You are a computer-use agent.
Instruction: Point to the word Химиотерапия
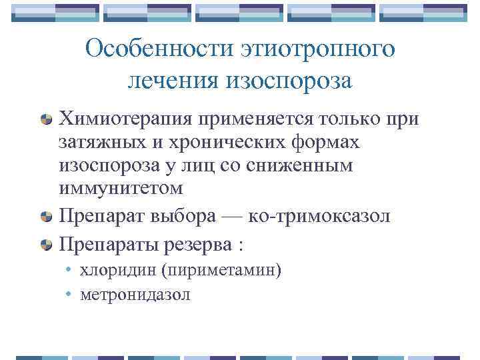coord(126,119)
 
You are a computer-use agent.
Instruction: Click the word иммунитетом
coord(121,189)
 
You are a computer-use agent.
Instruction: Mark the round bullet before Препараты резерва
coord(47,244)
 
